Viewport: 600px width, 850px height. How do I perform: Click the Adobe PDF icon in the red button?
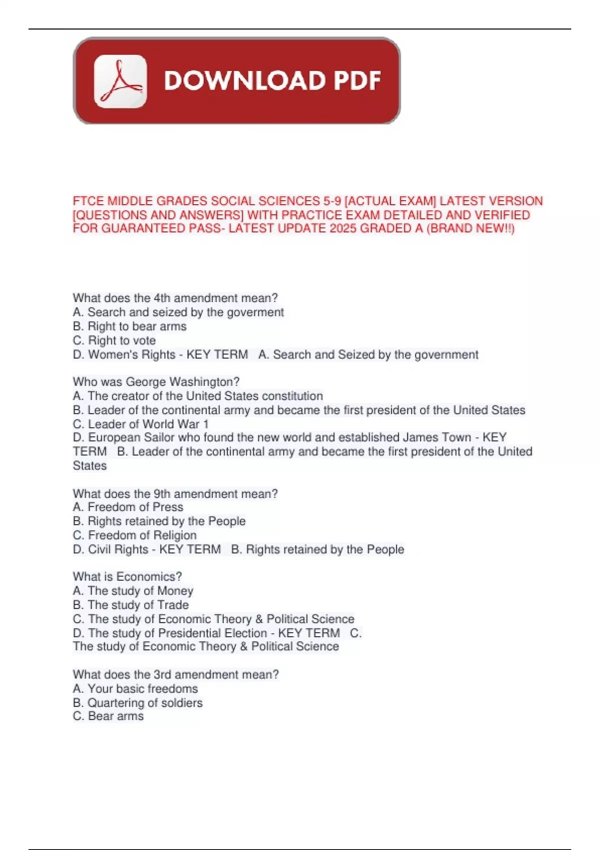tap(120, 81)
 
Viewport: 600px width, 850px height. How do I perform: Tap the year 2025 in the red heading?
tap(342, 228)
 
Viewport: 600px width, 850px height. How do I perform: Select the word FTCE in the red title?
tap(88, 201)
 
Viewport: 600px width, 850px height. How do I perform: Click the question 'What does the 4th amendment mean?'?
tap(175, 298)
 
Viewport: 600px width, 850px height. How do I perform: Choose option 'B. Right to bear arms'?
tap(129, 326)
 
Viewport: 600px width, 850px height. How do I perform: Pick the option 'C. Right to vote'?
tap(114, 340)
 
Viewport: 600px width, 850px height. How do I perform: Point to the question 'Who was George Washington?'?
tap(156, 382)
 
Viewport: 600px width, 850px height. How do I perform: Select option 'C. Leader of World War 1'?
tap(140, 424)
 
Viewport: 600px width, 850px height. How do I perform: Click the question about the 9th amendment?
tap(175, 493)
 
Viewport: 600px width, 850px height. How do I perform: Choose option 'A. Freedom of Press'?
tap(128, 507)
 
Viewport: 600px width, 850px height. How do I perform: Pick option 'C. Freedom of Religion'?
tap(134, 535)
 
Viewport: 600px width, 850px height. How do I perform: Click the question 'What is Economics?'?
tap(127, 576)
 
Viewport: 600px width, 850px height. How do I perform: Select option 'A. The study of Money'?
tap(132, 591)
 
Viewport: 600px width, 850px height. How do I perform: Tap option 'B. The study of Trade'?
tap(130, 605)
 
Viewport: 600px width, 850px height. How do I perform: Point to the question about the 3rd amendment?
tap(175, 674)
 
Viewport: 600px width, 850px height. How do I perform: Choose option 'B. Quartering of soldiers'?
tap(137, 702)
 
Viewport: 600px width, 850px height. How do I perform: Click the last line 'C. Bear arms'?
tap(108, 716)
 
